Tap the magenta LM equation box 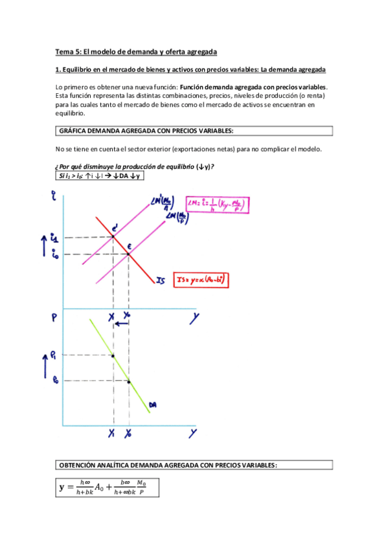point(218,205)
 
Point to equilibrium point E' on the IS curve point(113,236)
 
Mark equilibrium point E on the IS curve point(128,254)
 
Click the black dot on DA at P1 point(113,355)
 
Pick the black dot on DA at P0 point(128,381)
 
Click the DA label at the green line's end point(153,406)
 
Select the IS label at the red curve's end point(161,281)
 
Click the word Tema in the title point(64,51)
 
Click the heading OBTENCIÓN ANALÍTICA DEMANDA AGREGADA point(168,465)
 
